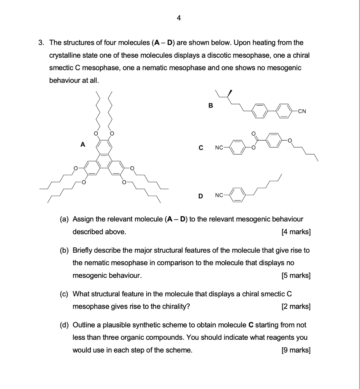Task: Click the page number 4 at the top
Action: pyautogui.click(x=179, y=17)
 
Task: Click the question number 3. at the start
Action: pyautogui.click(x=41, y=43)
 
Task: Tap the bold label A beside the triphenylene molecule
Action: pyautogui.click(x=82, y=144)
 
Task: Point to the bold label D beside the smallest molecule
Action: pyautogui.click(x=200, y=196)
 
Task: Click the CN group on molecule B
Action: pyautogui.click(x=302, y=111)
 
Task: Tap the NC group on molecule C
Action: pyautogui.click(x=219, y=148)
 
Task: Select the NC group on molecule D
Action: pyautogui.click(x=219, y=196)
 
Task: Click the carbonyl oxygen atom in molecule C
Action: pyautogui.click(x=254, y=134)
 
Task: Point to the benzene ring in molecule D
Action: pyautogui.click(x=237, y=196)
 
